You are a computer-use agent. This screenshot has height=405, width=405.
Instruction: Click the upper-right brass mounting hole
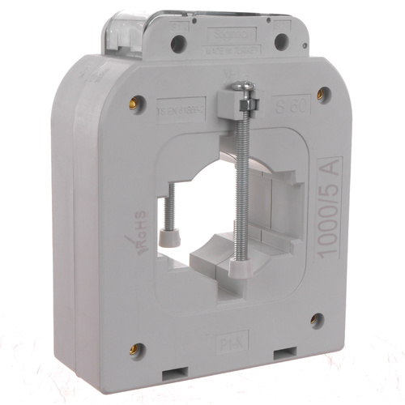(x=322, y=93)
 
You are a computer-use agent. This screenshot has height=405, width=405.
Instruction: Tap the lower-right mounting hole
(x=317, y=321)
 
